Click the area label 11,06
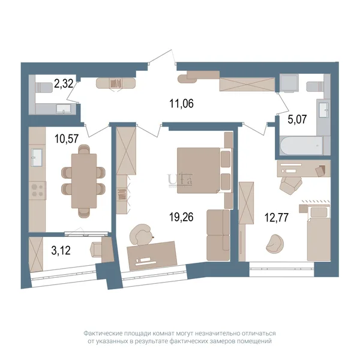[x=181, y=104]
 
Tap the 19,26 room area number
[x=181, y=217]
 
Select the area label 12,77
[x=277, y=217]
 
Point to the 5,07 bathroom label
[x=298, y=119]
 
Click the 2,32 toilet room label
[x=64, y=83]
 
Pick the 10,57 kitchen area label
[x=67, y=139]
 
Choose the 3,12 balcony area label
[x=61, y=250]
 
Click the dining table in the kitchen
[x=84, y=181]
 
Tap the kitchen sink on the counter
[x=37, y=157]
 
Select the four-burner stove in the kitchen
[x=37, y=190]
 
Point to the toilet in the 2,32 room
[x=44, y=88]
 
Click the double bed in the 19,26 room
[x=204, y=170]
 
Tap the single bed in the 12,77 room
[x=319, y=232]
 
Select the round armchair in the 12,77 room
[x=275, y=244]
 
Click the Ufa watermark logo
[x=180, y=180]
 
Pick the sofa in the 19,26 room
[x=218, y=235]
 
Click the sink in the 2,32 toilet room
[x=64, y=109]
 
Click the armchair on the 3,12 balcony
[x=97, y=250]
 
